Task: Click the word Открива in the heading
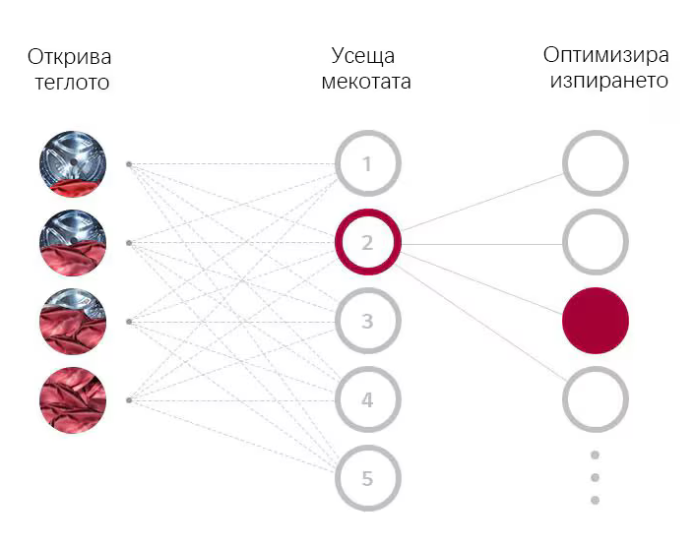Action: [69, 57]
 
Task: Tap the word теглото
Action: [72, 83]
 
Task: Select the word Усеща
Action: [363, 57]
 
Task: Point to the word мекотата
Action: [366, 82]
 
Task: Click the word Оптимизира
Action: [606, 55]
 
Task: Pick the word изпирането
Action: [609, 81]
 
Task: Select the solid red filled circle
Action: [596, 321]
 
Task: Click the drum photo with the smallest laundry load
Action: [73, 163]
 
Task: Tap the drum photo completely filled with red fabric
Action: [73, 400]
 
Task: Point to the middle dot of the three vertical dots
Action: [596, 477]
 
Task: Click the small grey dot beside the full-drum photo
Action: [129, 400]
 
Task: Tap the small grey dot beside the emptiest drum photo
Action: [129, 164]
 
